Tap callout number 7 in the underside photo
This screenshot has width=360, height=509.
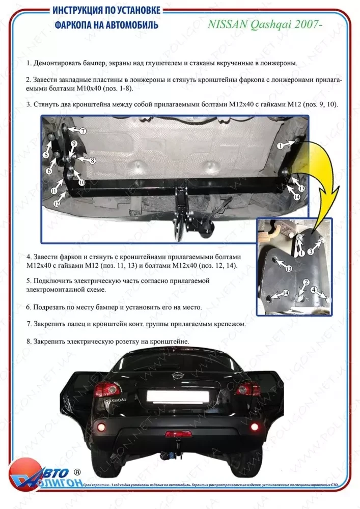(x=82, y=131)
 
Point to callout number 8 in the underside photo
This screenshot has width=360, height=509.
(x=92, y=160)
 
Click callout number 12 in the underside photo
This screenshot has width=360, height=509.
(x=57, y=203)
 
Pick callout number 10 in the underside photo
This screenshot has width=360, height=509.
(x=81, y=182)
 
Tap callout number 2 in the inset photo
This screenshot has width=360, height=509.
(x=306, y=282)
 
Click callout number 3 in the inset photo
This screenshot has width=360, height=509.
(x=310, y=252)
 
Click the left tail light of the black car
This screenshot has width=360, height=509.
(x=108, y=389)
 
